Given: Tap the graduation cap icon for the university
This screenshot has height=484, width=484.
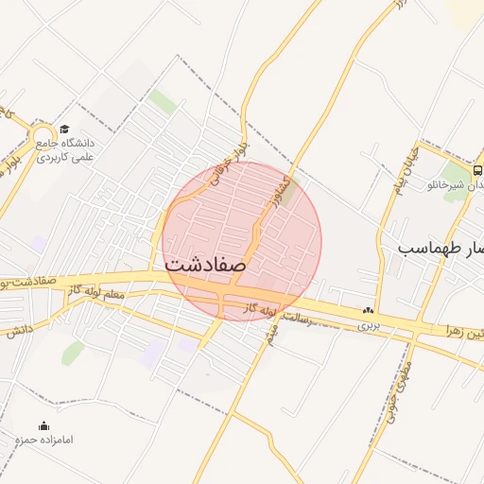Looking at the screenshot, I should [64, 130].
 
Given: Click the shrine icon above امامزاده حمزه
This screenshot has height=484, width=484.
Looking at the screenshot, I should [43, 426].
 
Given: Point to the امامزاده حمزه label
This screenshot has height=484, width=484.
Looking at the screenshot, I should [43, 441].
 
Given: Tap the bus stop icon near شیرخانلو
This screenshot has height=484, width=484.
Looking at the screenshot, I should [477, 171].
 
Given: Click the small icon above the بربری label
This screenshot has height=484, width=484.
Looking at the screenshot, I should [368, 310].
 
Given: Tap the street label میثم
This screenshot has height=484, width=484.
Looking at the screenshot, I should [273, 332].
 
